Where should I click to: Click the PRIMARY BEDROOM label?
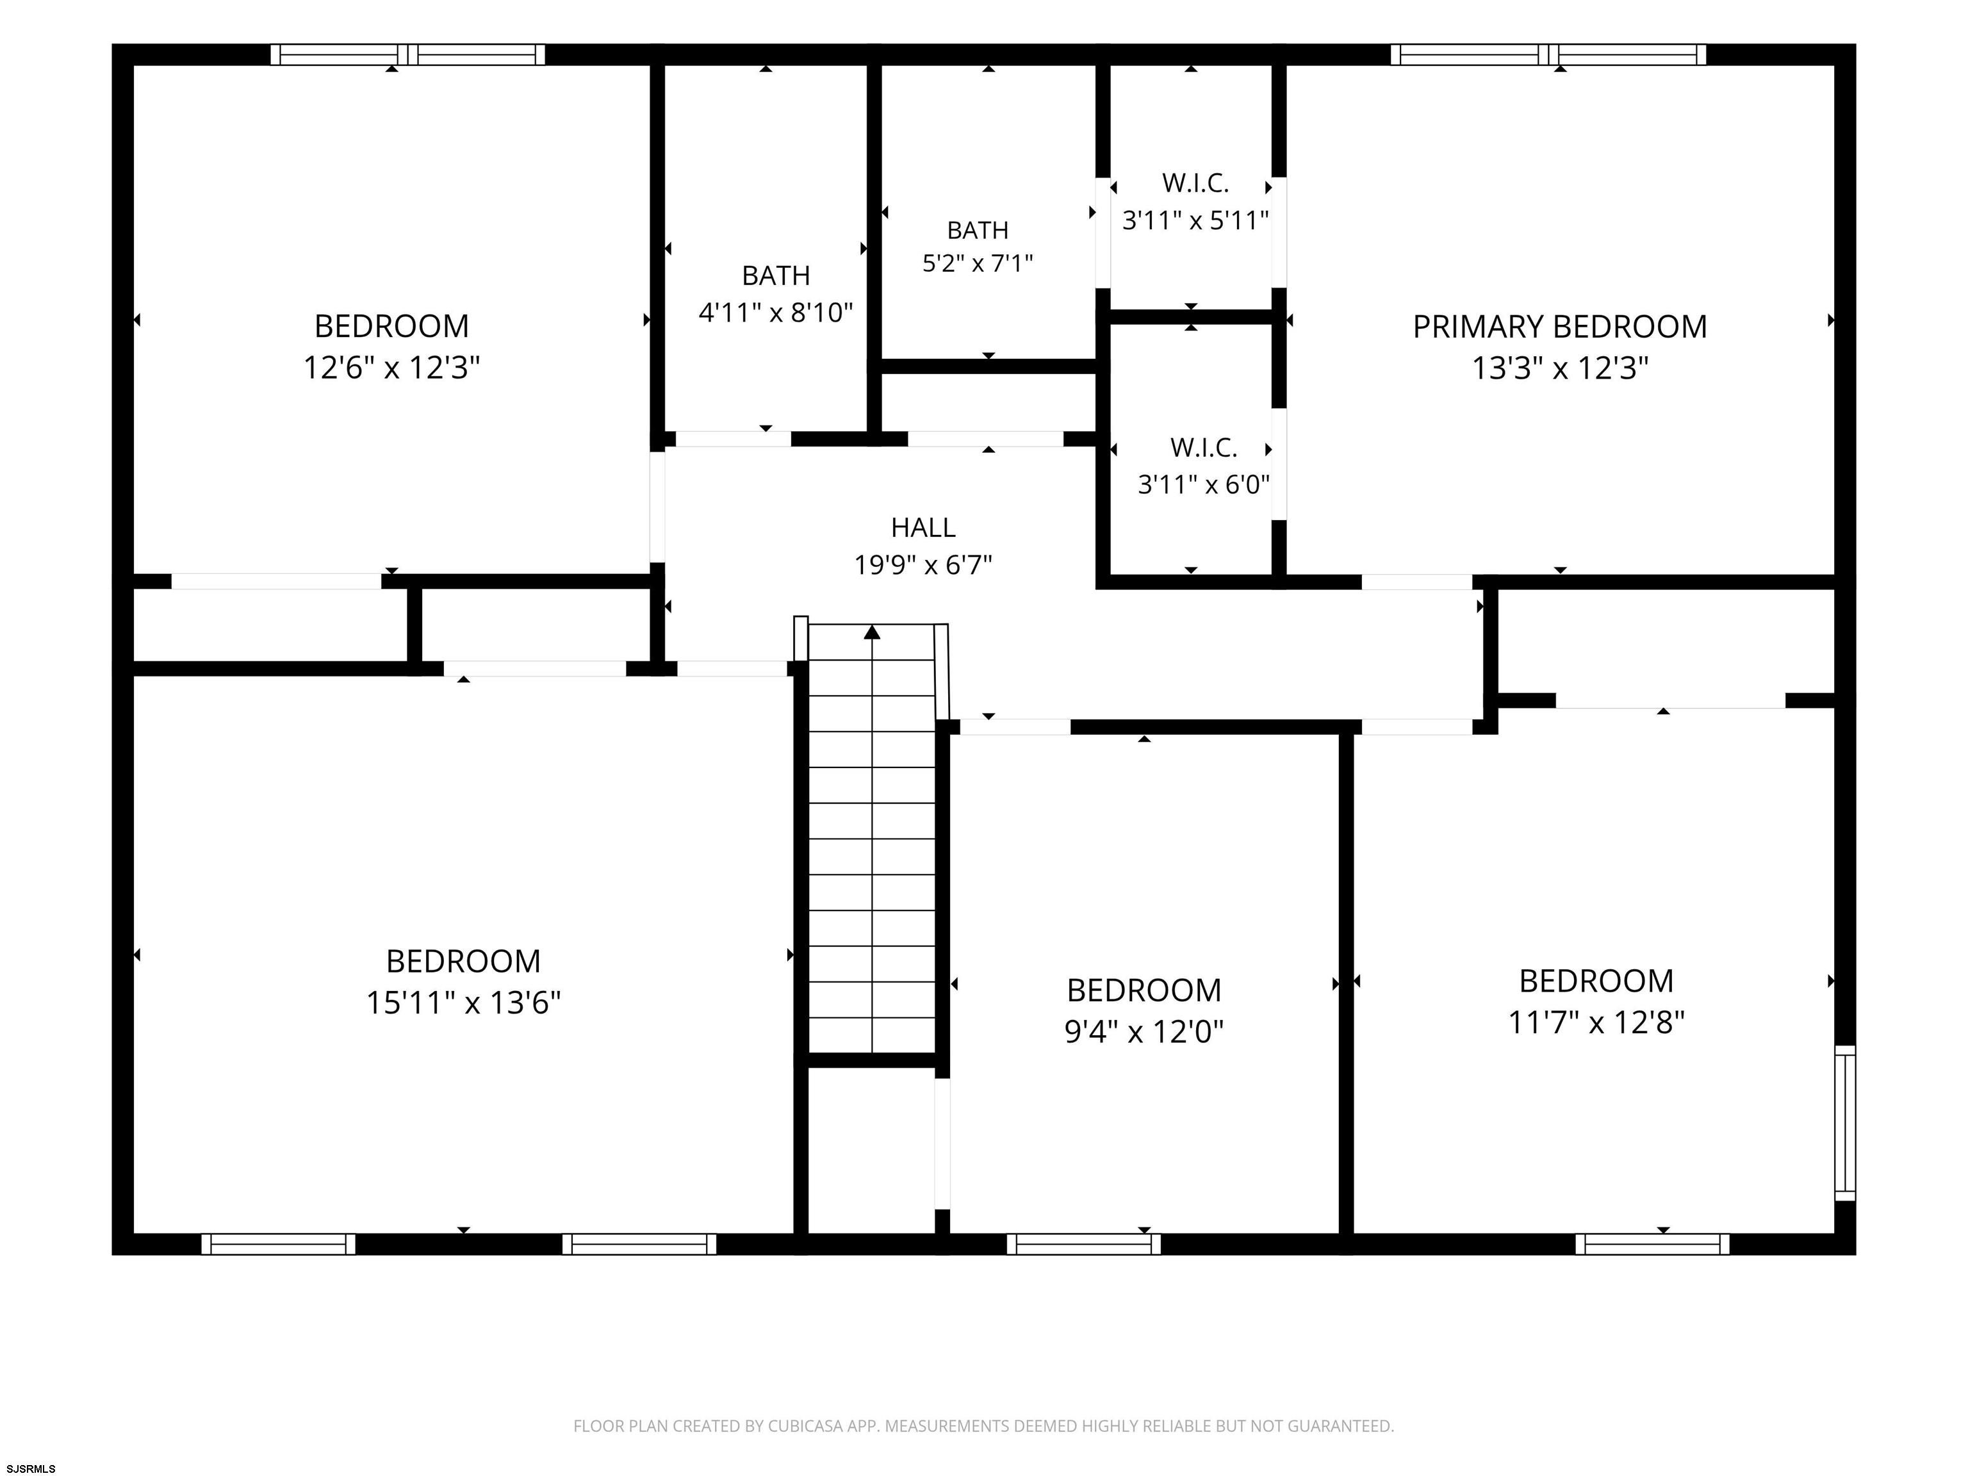1560,327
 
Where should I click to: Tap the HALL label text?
924,528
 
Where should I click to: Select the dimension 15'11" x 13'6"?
464,1003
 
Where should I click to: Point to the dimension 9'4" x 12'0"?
1144,1031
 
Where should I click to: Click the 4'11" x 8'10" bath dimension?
776,312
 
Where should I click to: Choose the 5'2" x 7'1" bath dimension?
978,263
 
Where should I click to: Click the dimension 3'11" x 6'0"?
1204,484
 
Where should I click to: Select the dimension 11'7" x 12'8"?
1596,1022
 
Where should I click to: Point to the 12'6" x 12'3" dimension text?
391,368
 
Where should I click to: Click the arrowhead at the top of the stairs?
872,632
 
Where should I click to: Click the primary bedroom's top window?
1549,54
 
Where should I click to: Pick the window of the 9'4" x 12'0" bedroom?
1084,1244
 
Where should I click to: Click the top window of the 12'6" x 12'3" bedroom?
407,54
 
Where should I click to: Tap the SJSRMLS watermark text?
31,1468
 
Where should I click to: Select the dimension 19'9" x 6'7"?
924,565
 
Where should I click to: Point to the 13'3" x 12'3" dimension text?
1560,368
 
